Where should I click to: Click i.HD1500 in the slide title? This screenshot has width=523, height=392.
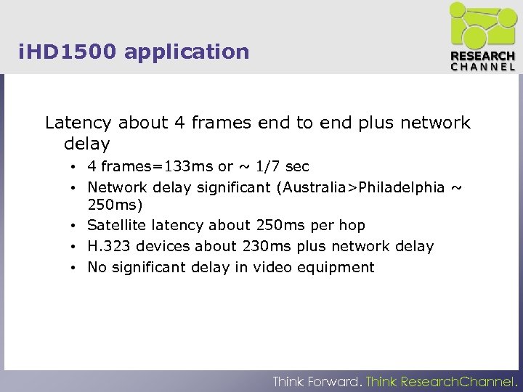pos(69,52)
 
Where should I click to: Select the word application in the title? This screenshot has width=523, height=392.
pos(187,52)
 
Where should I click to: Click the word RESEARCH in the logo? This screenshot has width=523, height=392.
pos(483,57)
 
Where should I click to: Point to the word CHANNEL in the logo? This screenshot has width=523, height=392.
pos(483,67)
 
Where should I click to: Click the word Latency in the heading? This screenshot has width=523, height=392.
pos(78,123)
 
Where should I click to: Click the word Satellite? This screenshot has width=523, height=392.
pos(117,225)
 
